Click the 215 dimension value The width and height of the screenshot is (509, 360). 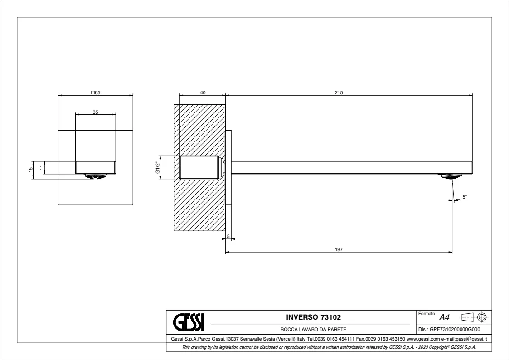(x=339, y=92)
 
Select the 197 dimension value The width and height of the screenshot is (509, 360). (x=339, y=249)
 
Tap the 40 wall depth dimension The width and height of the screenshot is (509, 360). (x=203, y=92)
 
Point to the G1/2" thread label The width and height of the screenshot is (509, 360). (x=158, y=168)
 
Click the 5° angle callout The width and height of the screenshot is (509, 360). (x=465, y=197)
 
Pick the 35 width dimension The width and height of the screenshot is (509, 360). (x=95, y=112)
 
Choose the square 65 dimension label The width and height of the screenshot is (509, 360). (x=96, y=92)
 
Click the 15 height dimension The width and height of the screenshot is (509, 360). (x=31, y=170)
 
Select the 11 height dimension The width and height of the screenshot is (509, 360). (x=42, y=167)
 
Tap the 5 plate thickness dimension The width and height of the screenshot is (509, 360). (x=228, y=236)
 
